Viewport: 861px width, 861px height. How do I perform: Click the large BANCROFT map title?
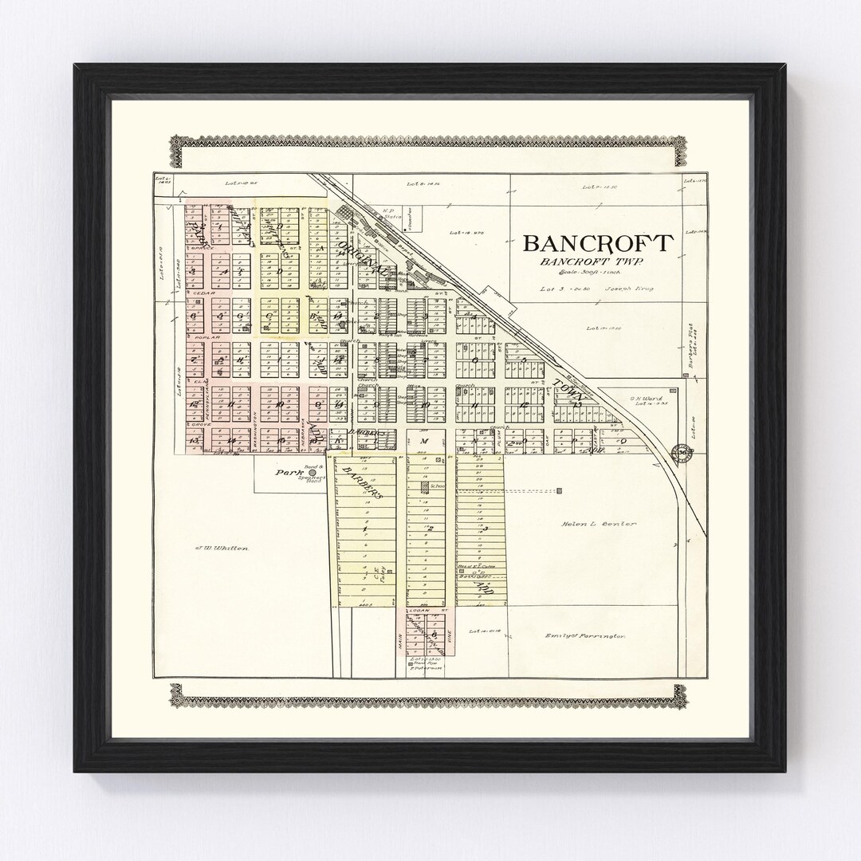(598, 242)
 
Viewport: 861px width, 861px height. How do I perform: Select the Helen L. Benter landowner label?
(598, 524)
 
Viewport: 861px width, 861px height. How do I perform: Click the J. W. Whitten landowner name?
(222, 548)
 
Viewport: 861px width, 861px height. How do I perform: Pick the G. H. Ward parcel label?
(643, 399)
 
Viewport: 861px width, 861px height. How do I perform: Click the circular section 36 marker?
(683, 454)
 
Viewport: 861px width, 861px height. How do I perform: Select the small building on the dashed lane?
(560, 490)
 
